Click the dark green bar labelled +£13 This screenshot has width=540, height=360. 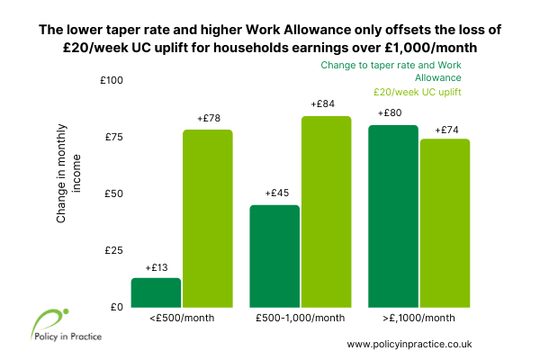pyautogui.click(x=156, y=292)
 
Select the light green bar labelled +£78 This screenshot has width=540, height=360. pyautogui.click(x=208, y=219)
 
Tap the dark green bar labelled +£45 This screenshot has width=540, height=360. pyautogui.click(x=274, y=256)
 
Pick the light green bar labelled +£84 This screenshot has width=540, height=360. pyautogui.click(x=327, y=211)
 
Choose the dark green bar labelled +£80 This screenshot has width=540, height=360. pyautogui.click(x=393, y=216)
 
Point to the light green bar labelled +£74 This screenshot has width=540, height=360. pyautogui.click(x=445, y=223)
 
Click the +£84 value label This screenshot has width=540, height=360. pyautogui.click(x=323, y=103)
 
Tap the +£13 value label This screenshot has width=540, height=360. pyautogui.click(x=157, y=267)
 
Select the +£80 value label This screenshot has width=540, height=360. pyautogui.click(x=390, y=112)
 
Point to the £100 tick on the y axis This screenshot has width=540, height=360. pyautogui.click(x=112, y=80)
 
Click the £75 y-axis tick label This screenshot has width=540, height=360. pyautogui.click(x=114, y=137)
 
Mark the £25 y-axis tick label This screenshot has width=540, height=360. pyautogui.click(x=114, y=250)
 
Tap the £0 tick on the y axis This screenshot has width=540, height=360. pyautogui.click(x=117, y=307)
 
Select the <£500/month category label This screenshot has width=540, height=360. pyautogui.click(x=182, y=318)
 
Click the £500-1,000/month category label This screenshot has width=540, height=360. pyautogui.click(x=301, y=318)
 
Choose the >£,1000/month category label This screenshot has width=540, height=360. pyautogui.click(x=418, y=318)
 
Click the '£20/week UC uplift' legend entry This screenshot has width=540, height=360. pyautogui.click(x=418, y=92)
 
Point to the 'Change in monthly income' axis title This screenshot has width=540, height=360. pyautogui.click(x=68, y=174)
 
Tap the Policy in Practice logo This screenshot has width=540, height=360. pyautogui.click(x=67, y=325)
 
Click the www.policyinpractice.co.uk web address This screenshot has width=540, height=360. pyautogui.click(x=409, y=344)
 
